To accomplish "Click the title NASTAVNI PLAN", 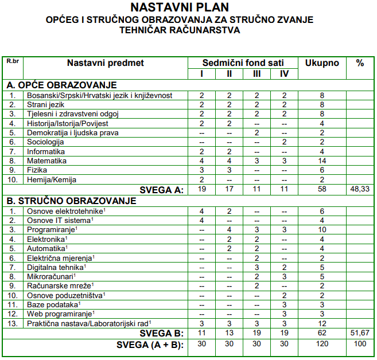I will point(179,7).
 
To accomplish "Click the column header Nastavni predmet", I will point(106,62).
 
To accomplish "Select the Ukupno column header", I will point(322,62).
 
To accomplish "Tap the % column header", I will point(360,62).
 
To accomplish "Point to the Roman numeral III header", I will point(256,74).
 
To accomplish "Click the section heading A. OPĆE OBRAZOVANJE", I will point(62,85).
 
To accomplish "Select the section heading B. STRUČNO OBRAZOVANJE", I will point(71,201).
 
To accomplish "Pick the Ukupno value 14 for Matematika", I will point(322,161).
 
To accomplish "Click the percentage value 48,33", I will point(360,190).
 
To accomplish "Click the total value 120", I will point(322,345).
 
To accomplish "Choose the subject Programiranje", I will point(52,230).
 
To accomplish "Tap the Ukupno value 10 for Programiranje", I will point(322,230).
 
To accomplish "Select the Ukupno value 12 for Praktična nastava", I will point(322,324).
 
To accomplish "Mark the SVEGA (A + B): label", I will point(150,345).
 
